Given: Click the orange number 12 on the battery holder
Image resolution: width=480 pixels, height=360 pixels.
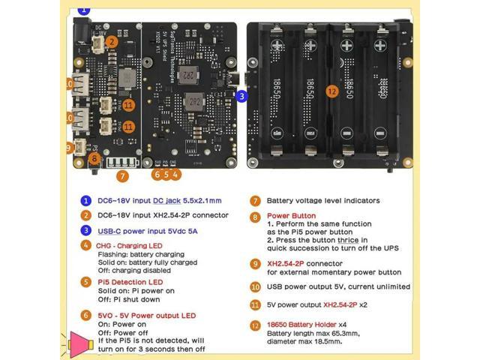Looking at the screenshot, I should [x=332, y=91].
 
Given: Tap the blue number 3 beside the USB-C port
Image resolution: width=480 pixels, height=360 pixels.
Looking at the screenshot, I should [x=241, y=96].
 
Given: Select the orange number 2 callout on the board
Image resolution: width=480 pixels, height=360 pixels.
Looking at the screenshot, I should [x=111, y=43].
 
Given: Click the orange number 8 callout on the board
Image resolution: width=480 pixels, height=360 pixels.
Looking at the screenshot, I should [x=94, y=157].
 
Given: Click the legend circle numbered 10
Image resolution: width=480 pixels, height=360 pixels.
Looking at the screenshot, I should [x=256, y=286].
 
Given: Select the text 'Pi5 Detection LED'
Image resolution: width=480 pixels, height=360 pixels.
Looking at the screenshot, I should [x=129, y=281].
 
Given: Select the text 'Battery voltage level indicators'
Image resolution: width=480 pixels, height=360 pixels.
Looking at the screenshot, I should [x=323, y=200].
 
